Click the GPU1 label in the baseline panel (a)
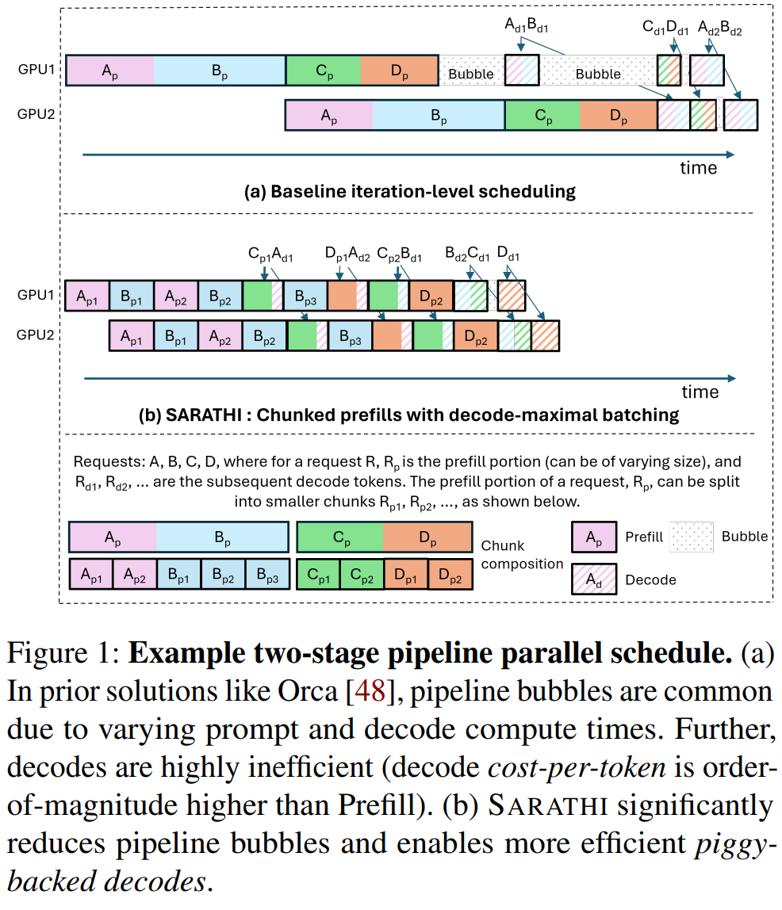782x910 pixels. pos(36,69)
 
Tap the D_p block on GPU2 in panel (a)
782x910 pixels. pos(619,116)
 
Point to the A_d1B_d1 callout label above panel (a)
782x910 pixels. pos(527,25)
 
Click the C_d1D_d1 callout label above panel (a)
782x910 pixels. pos(665,28)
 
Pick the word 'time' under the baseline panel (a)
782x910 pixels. pos(699,168)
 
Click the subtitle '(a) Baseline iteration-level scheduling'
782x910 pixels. pos(409,192)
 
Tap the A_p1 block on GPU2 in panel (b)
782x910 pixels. pos(131,337)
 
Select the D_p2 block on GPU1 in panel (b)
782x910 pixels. pos(431,296)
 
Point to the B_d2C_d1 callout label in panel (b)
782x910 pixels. pos(467,254)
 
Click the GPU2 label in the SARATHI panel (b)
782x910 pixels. pos(36,335)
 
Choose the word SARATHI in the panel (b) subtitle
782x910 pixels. pos(203,415)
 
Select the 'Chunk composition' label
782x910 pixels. pos(522,555)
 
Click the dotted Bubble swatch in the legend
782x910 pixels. pos(692,537)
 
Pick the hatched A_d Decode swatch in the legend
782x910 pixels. pos(594,579)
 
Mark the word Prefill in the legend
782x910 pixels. pos(644,537)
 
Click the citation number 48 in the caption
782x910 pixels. pos(370,691)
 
